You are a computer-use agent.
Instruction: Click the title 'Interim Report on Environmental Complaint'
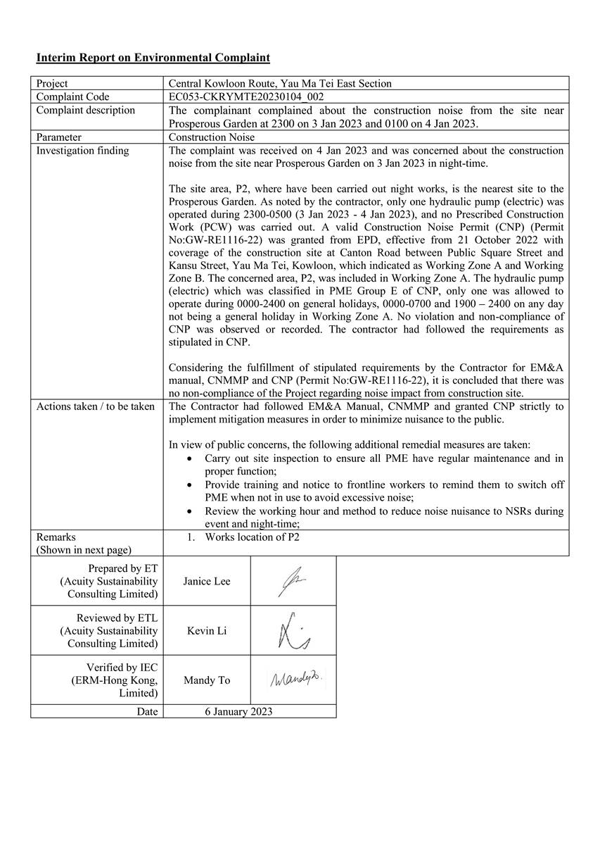click(153, 57)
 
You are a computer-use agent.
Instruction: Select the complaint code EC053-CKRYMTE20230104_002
click(246, 96)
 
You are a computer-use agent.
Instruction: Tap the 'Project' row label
click(53, 83)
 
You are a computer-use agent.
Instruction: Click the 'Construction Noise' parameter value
click(212, 137)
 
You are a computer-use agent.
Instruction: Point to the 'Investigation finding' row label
click(82, 151)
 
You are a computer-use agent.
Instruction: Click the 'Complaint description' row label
click(85, 111)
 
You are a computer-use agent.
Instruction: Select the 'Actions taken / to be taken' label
click(95, 406)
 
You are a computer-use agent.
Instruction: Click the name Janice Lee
click(207, 581)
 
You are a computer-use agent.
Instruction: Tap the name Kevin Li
click(207, 630)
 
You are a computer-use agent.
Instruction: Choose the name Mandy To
click(207, 680)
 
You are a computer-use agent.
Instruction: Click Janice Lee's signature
click(292, 581)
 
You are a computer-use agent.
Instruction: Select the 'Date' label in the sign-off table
click(147, 711)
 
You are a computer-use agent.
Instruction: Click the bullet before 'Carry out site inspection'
click(190, 458)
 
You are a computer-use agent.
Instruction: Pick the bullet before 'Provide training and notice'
click(190, 485)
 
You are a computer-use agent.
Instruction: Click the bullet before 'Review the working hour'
click(190, 511)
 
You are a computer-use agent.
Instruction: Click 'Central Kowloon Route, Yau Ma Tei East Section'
click(280, 83)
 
